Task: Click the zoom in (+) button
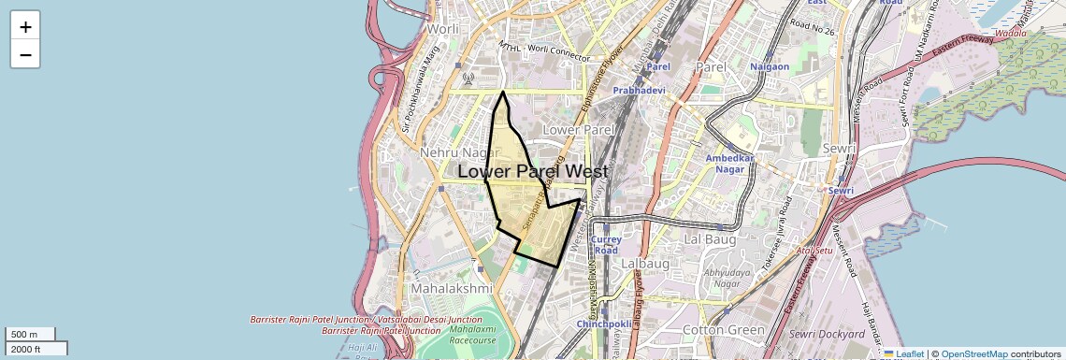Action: (25, 26)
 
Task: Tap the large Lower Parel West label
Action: (533, 172)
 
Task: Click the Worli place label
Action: (441, 28)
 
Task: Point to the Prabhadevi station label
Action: (639, 90)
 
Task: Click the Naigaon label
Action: (771, 66)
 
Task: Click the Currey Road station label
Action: (606, 245)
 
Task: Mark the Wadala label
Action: (1010, 33)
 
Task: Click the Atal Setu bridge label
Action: (814, 250)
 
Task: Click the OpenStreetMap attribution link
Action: (973, 354)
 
